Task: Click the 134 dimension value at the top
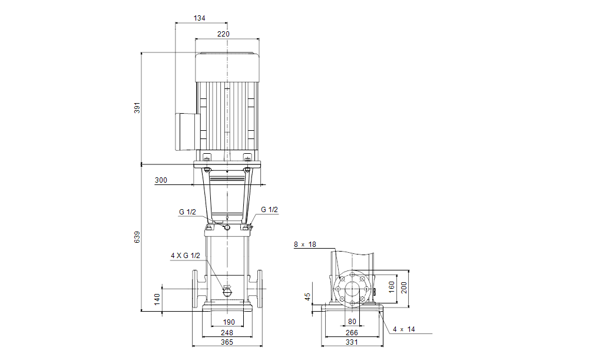pos(199,18)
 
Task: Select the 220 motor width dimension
pos(223,34)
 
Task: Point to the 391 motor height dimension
pos(137,108)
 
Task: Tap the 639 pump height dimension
pos(137,237)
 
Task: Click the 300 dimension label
pos(161,180)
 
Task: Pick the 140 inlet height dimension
pos(157,299)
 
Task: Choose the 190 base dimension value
pos(229,322)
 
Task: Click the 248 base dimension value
pos(227,333)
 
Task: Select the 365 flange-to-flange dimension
pos(227,342)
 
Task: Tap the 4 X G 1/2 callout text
pos(186,256)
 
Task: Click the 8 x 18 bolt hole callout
pos(305,245)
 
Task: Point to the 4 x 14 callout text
pos(404,329)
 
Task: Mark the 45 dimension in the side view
pos(307,297)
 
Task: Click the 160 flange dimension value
pos(392,287)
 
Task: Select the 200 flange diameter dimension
pos(404,288)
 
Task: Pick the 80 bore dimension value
pos(352,322)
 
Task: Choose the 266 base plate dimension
pos(352,333)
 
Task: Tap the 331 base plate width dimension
pos(352,342)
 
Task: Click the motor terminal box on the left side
pos(187,131)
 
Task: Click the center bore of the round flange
pos(352,289)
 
